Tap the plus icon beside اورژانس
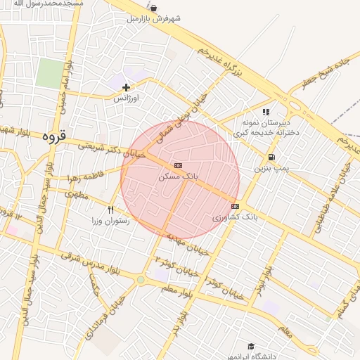pos(126,88)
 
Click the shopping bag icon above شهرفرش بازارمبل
pos(153,8)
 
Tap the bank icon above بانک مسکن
pos(177,165)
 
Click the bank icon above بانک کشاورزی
pos(235,206)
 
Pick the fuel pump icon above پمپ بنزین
pos(271,157)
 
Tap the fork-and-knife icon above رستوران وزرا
pos(110,210)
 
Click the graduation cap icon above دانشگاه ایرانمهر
pos(251,346)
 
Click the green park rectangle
pos(50,74)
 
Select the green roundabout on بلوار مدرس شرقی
pos(141,280)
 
